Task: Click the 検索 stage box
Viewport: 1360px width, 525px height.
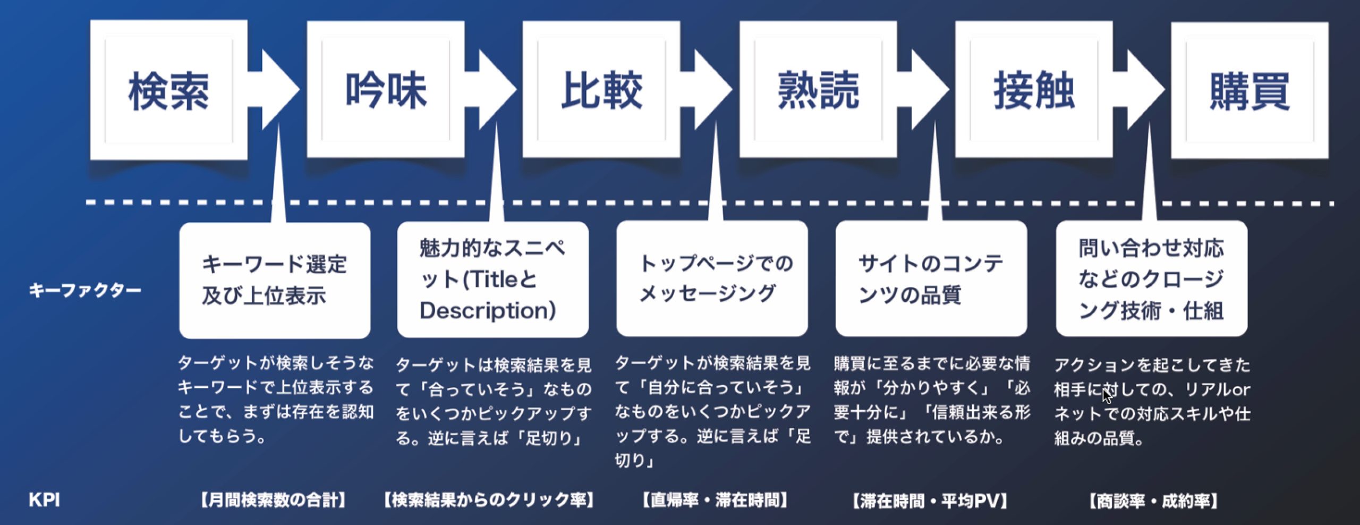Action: click(x=168, y=90)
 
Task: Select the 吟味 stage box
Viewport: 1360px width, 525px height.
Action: click(x=386, y=90)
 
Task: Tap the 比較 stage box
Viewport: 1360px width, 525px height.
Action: click(x=601, y=90)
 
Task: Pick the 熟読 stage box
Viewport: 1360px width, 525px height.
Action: click(x=818, y=90)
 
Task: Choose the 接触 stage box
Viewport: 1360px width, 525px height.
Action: click(x=1034, y=90)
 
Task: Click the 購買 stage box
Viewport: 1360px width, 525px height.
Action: click(x=1249, y=90)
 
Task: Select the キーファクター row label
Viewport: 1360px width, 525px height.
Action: click(x=85, y=290)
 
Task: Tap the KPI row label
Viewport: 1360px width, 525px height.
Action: click(x=44, y=500)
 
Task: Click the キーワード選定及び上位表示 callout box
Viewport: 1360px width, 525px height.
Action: click(x=275, y=280)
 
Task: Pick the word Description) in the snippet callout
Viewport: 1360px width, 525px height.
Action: click(x=488, y=311)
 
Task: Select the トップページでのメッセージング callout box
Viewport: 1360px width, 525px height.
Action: click(x=712, y=279)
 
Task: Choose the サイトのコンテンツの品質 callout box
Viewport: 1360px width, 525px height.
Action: click(x=931, y=279)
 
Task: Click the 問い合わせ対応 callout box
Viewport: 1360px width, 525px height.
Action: click(x=1151, y=279)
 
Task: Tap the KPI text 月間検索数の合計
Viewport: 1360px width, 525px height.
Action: click(x=274, y=500)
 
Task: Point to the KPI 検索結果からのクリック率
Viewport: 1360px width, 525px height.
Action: click(x=489, y=500)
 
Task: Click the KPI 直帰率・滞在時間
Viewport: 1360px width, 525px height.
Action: click(x=715, y=500)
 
